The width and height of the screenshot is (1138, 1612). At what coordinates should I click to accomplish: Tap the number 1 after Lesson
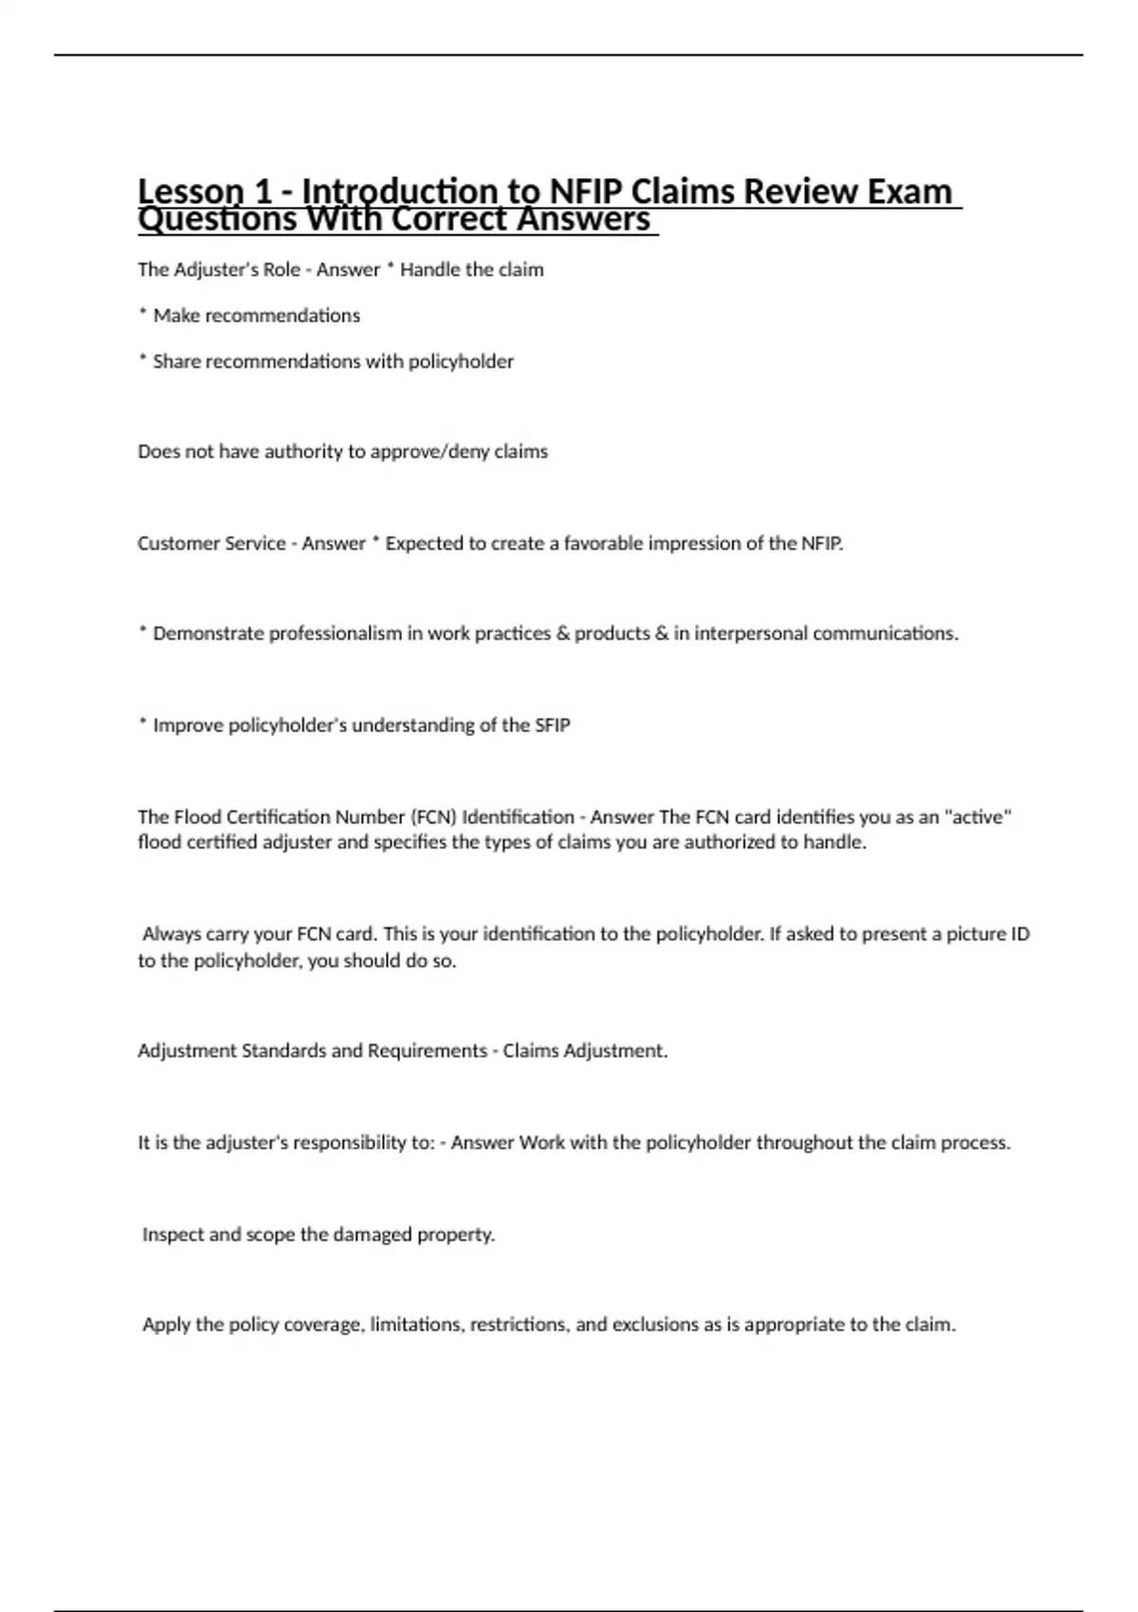[261, 192]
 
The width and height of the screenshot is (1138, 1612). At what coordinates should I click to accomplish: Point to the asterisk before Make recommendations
[142, 314]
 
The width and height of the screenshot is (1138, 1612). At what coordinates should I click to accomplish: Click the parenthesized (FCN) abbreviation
[433, 816]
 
